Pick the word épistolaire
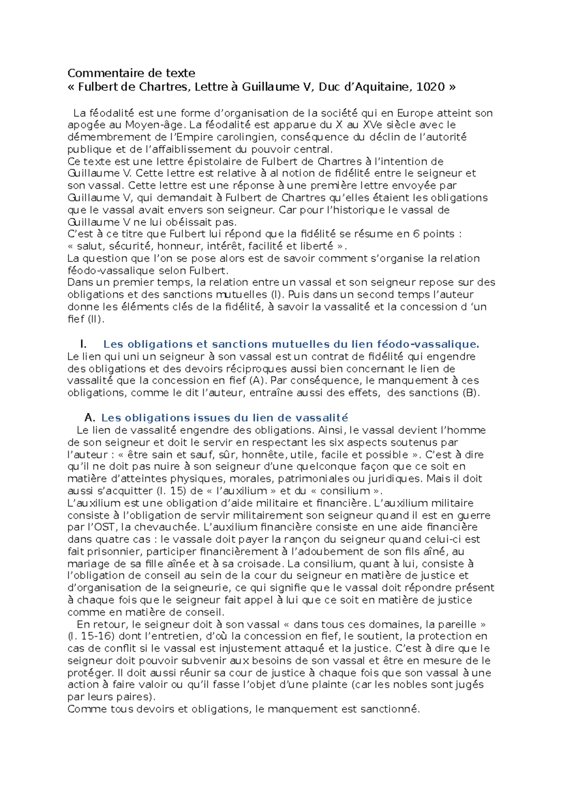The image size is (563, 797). click(212, 162)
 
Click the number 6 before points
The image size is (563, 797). click(416, 234)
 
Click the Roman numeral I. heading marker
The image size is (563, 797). click(84, 345)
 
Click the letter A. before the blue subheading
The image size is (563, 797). click(90, 418)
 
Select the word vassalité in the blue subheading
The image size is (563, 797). click(318, 418)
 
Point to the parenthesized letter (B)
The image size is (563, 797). click(471, 393)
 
